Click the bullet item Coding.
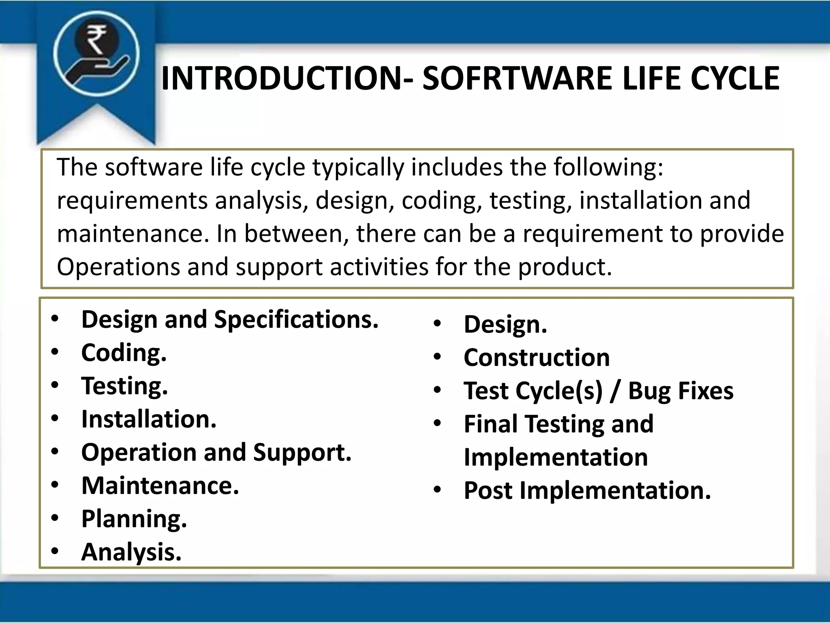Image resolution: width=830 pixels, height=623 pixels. point(124,352)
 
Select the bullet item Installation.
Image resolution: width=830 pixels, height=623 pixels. point(149,419)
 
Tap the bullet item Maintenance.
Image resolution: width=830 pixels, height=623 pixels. point(160,486)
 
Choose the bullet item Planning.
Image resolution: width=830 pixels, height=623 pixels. point(134,519)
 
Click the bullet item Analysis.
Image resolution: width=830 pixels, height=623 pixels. point(131,552)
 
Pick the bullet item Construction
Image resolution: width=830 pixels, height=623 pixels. point(537,358)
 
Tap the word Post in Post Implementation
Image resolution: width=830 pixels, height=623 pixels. point(488,491)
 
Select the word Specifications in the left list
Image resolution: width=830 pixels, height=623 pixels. point(296,320)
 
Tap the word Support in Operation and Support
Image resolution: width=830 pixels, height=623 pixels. point(302,452)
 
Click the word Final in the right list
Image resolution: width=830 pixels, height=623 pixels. point(491,424)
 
